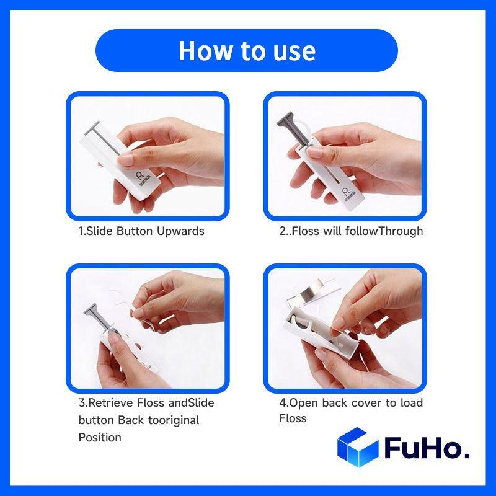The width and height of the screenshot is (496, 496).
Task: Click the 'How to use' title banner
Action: pyautogui.click(x=247, y=50)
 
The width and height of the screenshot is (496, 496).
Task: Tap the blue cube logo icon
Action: pyautogui.click(x=357, y=447)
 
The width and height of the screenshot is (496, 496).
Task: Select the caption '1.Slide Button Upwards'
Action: pyautogui.click(x=141, y=231)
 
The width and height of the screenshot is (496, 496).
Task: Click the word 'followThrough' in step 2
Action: pyautogui.click(x=387, y=231)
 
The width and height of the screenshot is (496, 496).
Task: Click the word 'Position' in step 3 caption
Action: pyautogui.click(x=100, y=438)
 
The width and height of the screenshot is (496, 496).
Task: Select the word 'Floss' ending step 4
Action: pyautogui.click(x=293, y=418)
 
